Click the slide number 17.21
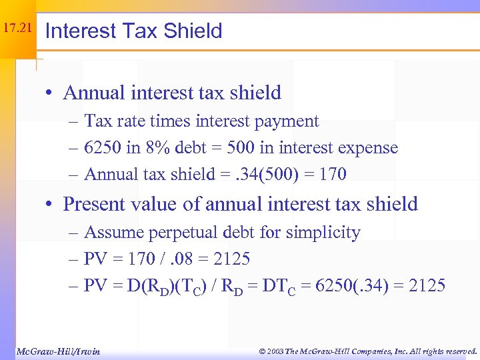tap(17, 29)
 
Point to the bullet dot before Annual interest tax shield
tap(51, 93)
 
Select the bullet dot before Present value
tap(51, 204)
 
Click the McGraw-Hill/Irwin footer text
tap(58, 351)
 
